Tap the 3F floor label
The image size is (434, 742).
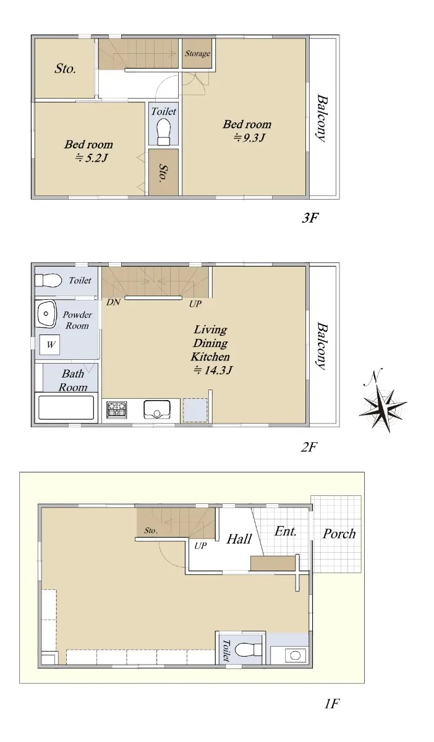point(310,218)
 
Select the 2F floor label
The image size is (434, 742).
point(308,447)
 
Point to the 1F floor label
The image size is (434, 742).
point(332,703)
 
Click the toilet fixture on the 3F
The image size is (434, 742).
point(164,132)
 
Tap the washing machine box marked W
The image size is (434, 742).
point(50,344)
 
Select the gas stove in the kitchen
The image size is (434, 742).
point(116,409)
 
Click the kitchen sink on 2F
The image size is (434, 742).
point(156,410)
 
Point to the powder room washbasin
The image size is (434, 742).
point(46,314)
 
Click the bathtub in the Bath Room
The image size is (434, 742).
point(66,407)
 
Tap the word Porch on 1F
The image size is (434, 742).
point(339,534)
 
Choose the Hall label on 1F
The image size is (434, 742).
point(239,539)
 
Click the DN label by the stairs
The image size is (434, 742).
point(113,302)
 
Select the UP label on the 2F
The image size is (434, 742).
point(195,304)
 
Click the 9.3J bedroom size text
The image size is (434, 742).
point(249,137)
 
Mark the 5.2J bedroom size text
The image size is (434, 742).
point(91,158)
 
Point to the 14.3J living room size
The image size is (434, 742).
point(213,370)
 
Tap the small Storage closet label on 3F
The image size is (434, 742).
point(197,53)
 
